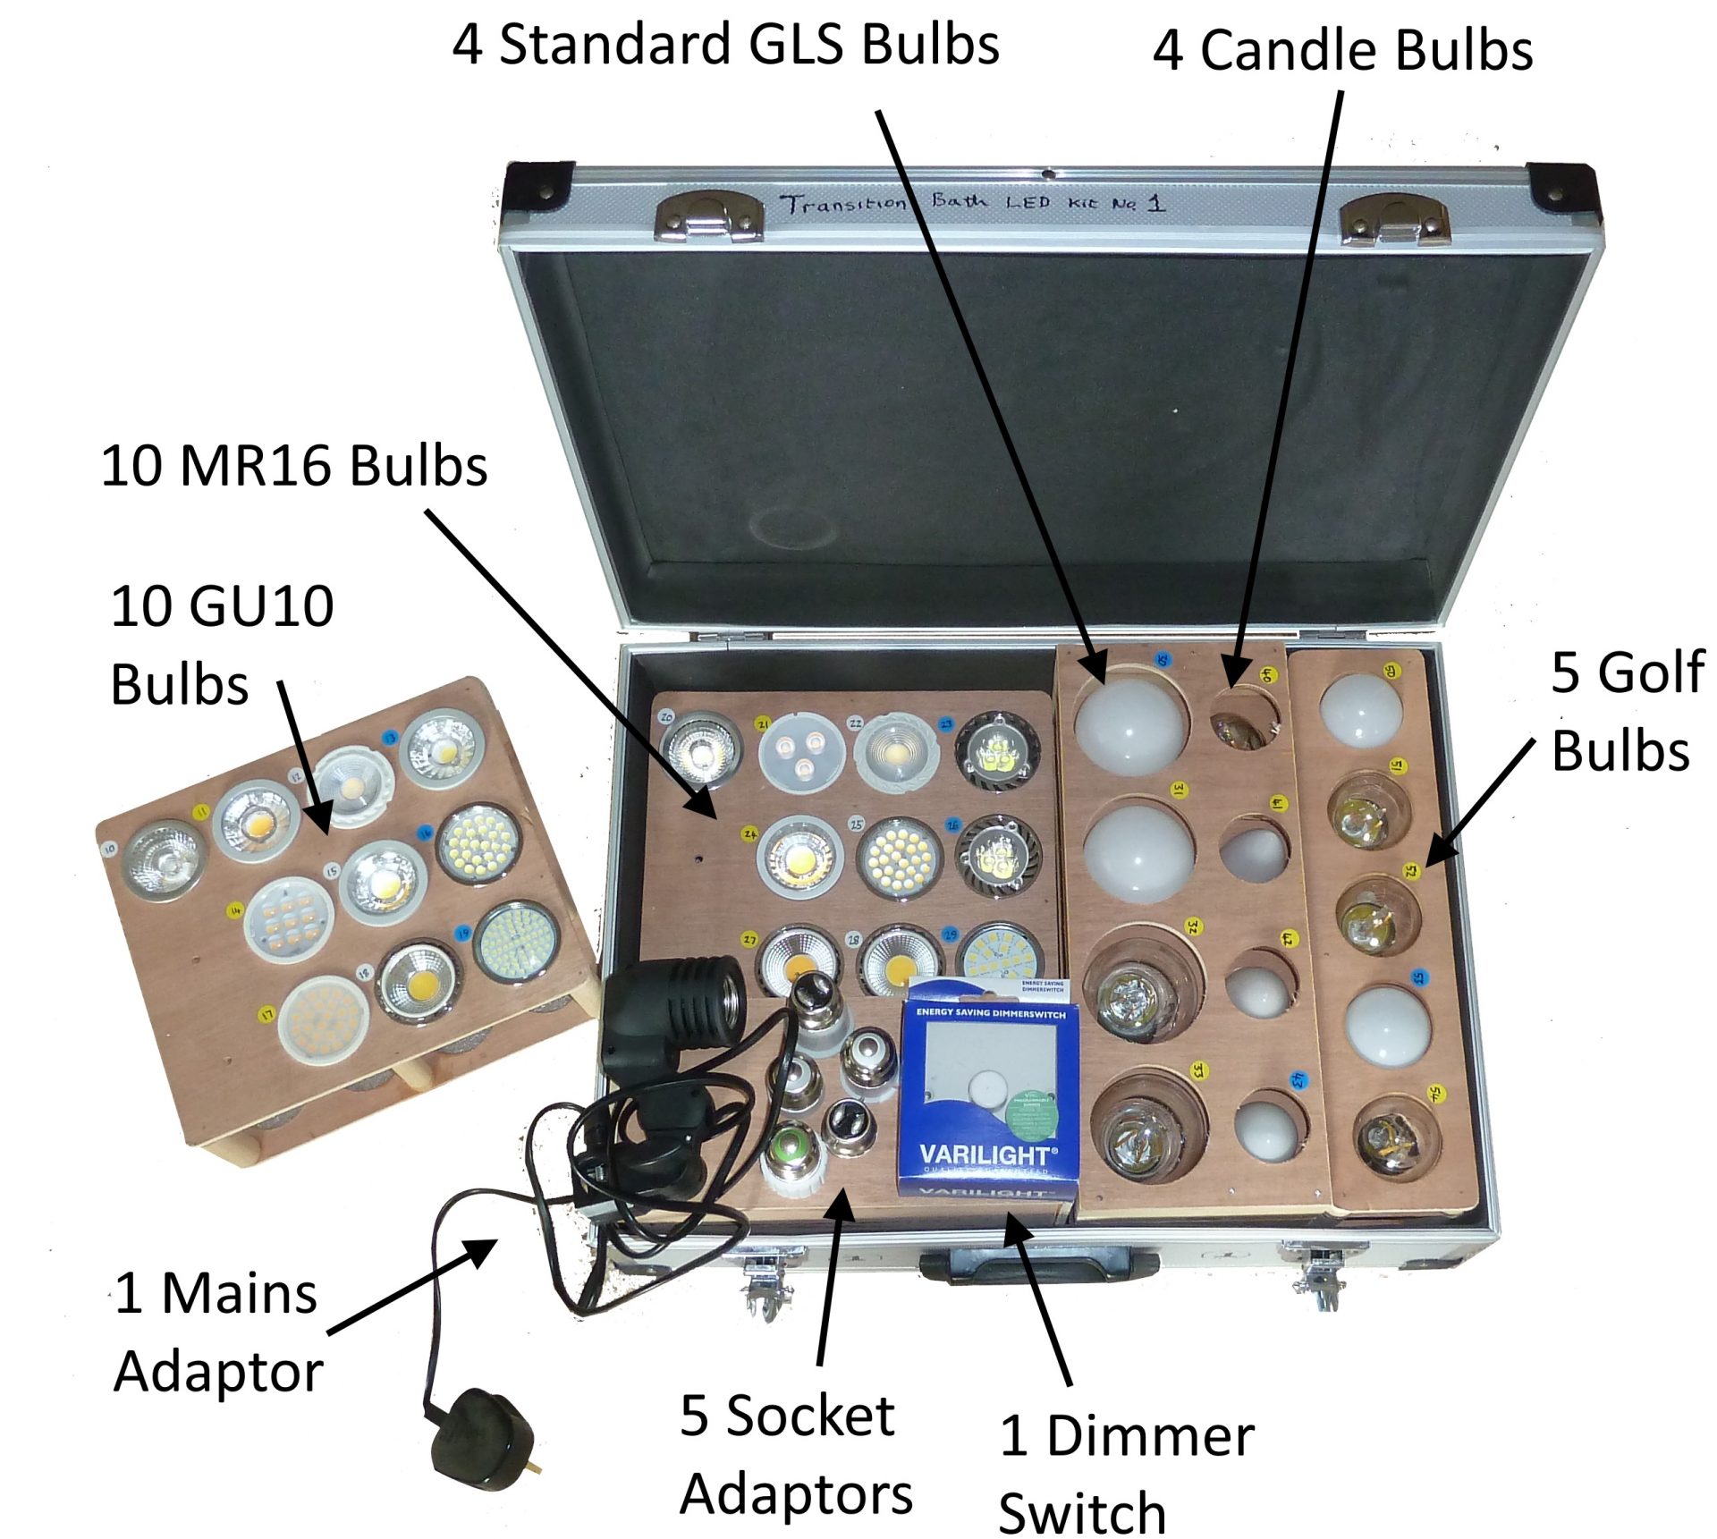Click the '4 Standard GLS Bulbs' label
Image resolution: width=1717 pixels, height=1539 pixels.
pos(725,45)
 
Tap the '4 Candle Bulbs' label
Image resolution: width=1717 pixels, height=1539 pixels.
pos(1342,50)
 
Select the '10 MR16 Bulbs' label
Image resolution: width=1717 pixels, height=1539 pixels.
pos(294,466)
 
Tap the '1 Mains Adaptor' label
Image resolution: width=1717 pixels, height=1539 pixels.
pos(217,1332)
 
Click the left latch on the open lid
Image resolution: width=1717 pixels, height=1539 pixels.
pos(708,217)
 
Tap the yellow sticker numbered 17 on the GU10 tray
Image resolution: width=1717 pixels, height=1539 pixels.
pos(266,1014)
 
